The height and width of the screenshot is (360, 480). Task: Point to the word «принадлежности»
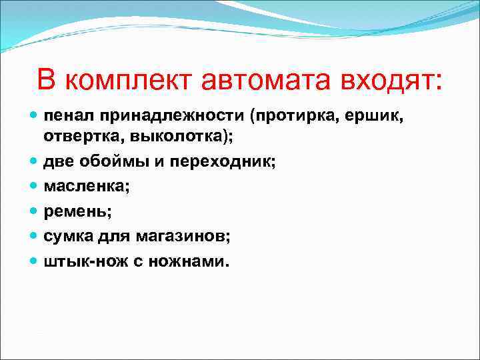169,117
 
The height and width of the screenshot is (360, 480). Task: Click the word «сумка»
69,237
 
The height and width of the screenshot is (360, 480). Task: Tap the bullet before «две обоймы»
34,162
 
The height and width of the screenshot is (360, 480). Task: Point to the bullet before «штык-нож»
34,261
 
